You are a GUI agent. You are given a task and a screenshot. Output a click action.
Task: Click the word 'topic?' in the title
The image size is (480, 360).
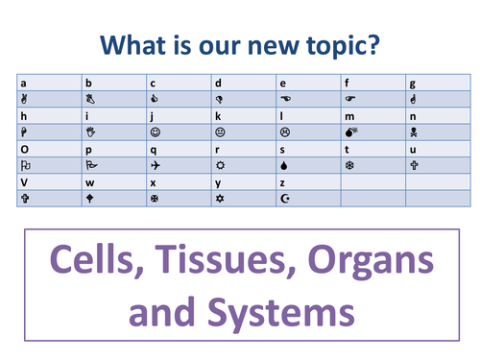point(343,44)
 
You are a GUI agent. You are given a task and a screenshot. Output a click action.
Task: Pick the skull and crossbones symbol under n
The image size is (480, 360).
point(414,131)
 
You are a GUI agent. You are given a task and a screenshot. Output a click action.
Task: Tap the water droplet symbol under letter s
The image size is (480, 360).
point(284,164)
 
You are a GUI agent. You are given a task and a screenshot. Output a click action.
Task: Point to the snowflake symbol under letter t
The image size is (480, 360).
point(349,164)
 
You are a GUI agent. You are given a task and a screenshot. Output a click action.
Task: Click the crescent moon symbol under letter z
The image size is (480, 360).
point(284,198)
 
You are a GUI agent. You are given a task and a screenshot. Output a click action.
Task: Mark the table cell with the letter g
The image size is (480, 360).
point(437,82)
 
